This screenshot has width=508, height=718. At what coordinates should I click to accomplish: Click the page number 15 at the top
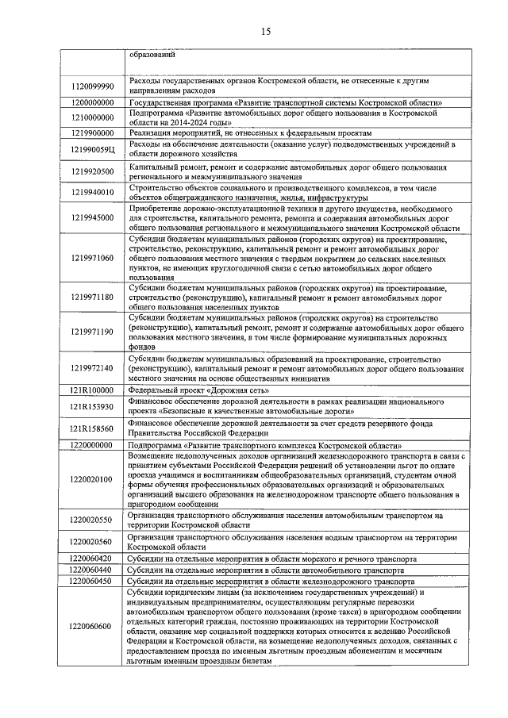[265, 32]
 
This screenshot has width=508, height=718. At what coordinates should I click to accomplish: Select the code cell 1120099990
[92, 86]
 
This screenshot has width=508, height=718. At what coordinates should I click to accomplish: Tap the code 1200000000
[92, 103]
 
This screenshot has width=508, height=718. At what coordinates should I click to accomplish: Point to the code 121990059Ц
[92, 149]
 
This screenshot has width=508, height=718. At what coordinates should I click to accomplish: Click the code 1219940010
[92, 192]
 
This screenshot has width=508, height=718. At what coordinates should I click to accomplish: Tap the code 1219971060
[92, 258]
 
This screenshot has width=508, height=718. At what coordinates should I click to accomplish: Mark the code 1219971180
[92, 297]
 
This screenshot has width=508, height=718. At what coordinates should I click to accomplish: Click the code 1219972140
[92, 368]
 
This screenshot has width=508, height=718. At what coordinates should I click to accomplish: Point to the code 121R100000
[92, 390]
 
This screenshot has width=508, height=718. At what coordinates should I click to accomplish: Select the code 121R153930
[92, 407]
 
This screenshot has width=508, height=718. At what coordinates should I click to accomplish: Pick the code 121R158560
[92, 428]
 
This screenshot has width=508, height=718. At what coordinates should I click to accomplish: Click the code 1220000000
[92, 445]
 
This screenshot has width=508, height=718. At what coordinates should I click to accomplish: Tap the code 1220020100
[92, 479]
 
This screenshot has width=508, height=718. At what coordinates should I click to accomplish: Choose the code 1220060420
[92, 559]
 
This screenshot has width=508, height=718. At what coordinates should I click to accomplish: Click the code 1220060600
[92, 626]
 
